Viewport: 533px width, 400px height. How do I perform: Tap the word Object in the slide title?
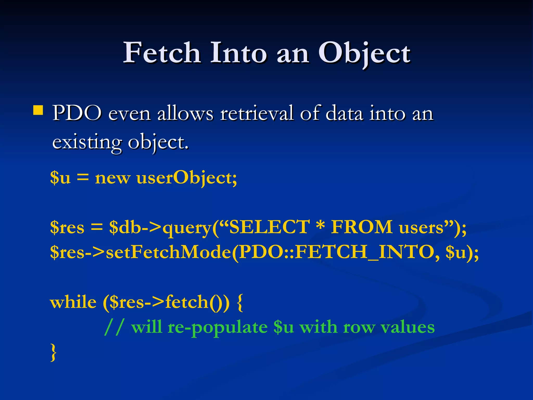point(364,53)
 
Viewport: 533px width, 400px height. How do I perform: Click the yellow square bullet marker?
point(38,110)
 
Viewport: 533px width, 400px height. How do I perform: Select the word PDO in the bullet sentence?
point(77,114)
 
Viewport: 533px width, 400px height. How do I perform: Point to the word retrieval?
point(257,114)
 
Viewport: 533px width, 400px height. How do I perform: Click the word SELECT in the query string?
point(269,227)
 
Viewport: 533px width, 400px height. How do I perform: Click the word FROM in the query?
point(362,227)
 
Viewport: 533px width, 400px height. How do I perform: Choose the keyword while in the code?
point(73,302)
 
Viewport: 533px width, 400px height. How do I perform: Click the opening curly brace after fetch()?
point(240,303)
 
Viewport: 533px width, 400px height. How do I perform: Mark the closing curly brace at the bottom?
point(53,352)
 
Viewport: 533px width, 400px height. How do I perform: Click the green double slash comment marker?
point(113,327)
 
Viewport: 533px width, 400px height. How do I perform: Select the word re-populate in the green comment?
point(218,328)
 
